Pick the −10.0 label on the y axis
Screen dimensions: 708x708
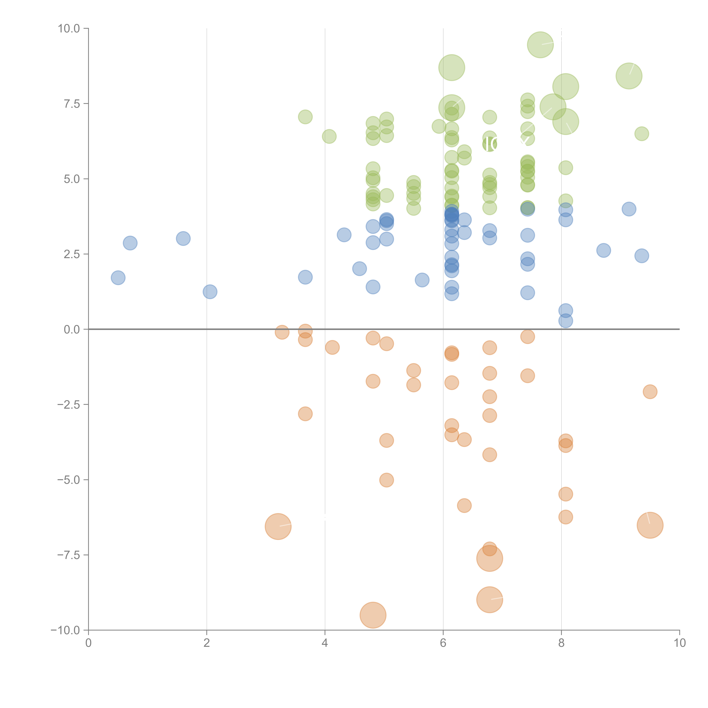(x=65, y=630)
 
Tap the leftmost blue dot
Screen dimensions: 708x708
(x=118, y=278)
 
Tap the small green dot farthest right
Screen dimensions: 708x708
(x=641, y=134)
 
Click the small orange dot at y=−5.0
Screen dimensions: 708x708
(x=386, y=480)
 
